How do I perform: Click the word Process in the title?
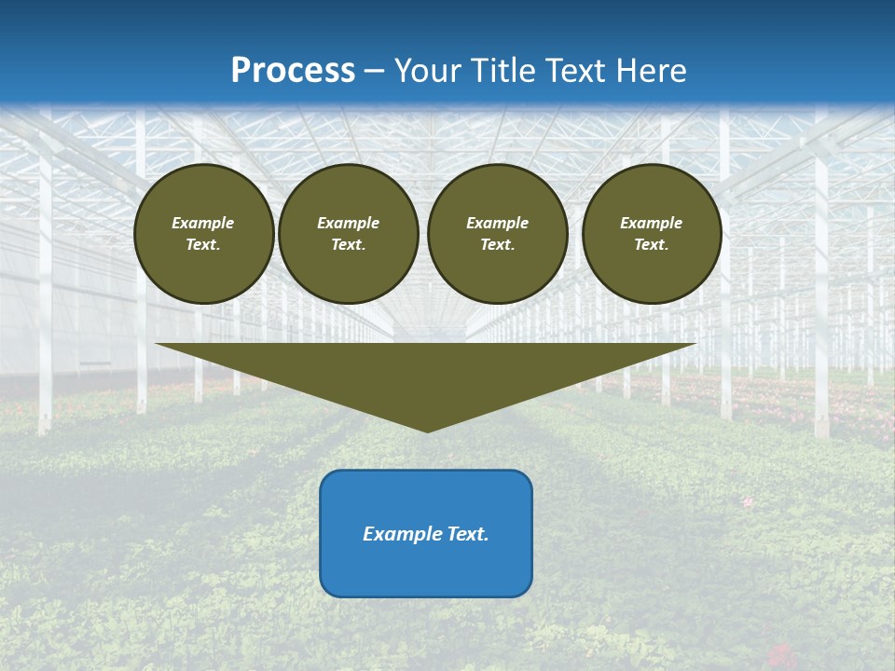point(293,71)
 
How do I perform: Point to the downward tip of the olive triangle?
point(427,430)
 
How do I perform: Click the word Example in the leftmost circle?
point(203,223)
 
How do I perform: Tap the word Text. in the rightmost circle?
point(652,244)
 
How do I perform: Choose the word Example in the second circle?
point(349,223)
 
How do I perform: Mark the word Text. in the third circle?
point(498,244)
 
